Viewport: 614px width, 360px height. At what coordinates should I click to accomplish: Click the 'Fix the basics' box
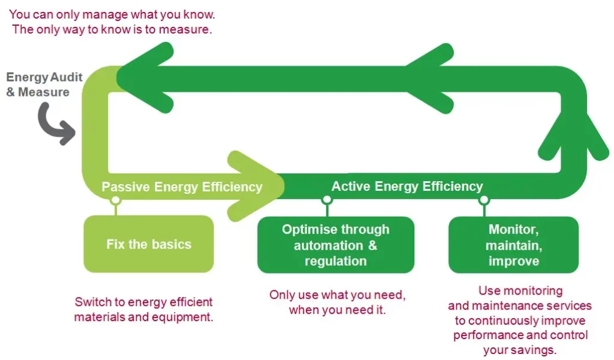pos(149,244)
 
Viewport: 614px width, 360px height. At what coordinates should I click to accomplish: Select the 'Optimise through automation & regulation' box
pos(336,245)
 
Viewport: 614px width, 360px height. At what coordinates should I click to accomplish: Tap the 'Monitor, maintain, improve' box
pos(513,245)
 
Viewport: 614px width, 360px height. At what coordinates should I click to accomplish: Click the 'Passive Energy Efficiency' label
pos(182,187)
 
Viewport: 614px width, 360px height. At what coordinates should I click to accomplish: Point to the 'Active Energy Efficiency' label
pos(407,186)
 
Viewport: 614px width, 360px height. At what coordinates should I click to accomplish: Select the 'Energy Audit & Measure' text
pos(44,84)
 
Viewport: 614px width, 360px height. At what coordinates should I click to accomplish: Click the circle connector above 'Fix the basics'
pos(116,200)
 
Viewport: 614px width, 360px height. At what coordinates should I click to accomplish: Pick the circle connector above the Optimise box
pos(327,200)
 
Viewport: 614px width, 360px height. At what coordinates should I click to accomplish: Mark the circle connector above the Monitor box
pos(484,200)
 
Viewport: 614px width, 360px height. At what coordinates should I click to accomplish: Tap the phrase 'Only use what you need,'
pos(337,295)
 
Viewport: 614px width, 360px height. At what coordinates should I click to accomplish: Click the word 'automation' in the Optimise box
pos(329,245)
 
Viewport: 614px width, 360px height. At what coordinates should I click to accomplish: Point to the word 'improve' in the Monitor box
pos(514,261)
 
